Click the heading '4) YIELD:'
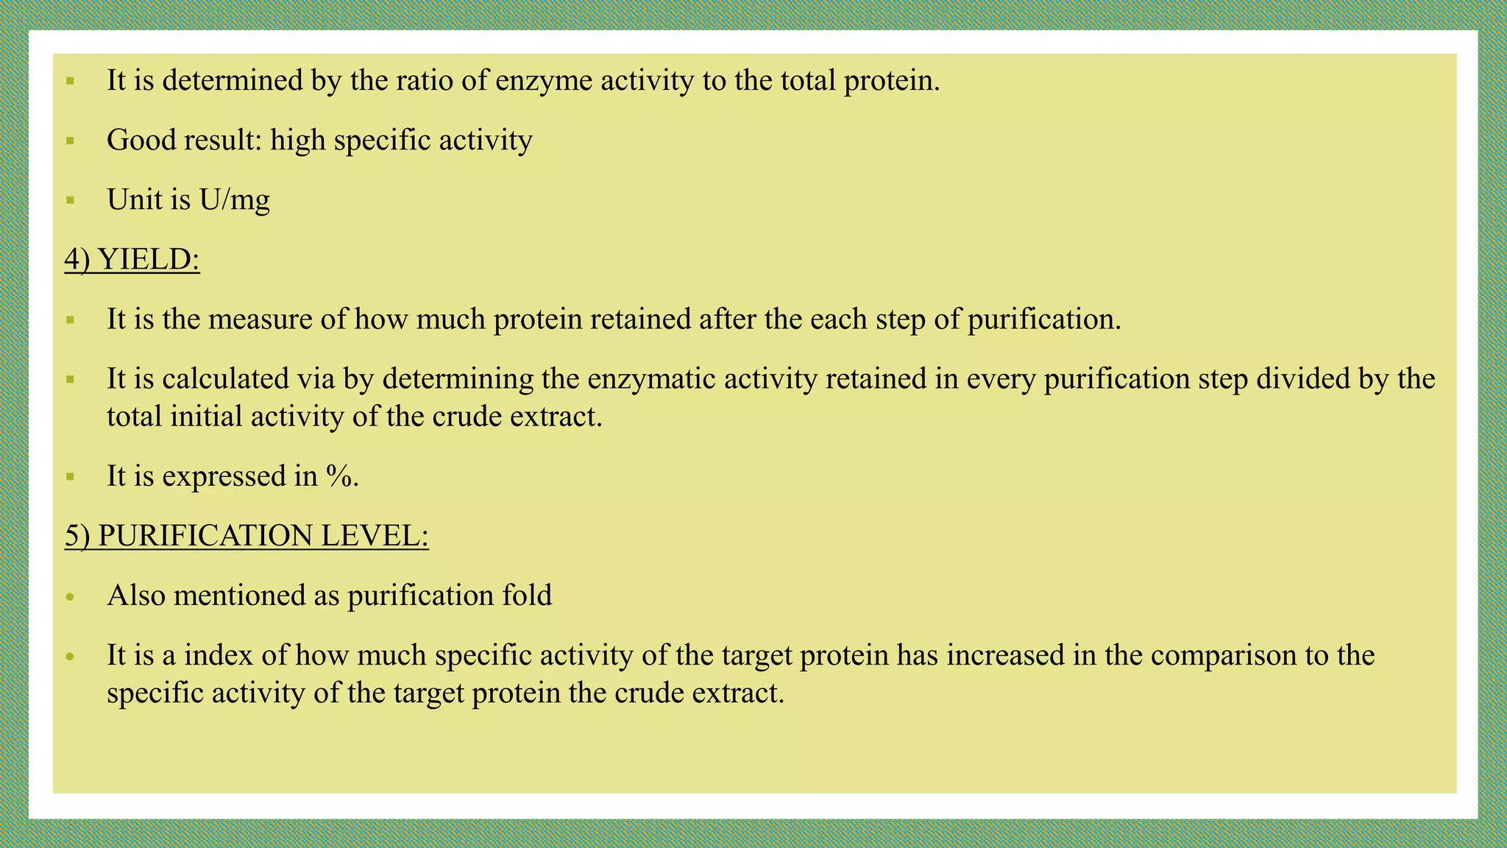[132, 260]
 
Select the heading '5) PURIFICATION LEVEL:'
[247, 536]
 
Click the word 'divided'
[1309, 379]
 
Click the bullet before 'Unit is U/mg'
[71, 199]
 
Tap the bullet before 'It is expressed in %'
[71, 477]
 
